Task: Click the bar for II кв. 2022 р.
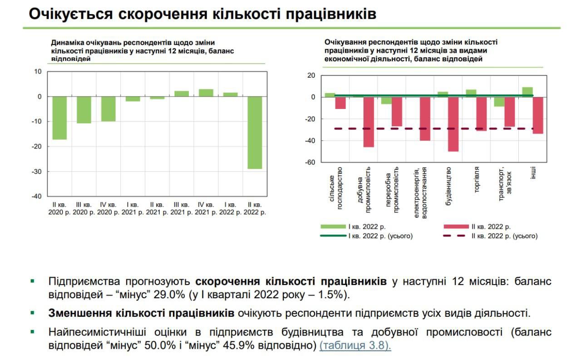click(255, 133)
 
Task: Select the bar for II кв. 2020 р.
click(59, 118)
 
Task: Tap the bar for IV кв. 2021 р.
click(206, 93)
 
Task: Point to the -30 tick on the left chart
click(36, 172)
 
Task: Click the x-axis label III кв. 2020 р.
click(84, 208)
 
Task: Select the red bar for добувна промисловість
click(369, 122)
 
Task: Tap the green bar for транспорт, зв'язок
click(499, 102)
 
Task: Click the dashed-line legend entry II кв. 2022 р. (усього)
click(491, 236)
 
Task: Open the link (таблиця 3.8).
click(355, 345)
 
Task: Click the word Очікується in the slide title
click(70, 14)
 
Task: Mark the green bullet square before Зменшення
click(32, 313)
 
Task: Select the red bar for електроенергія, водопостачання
click(425, 118)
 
